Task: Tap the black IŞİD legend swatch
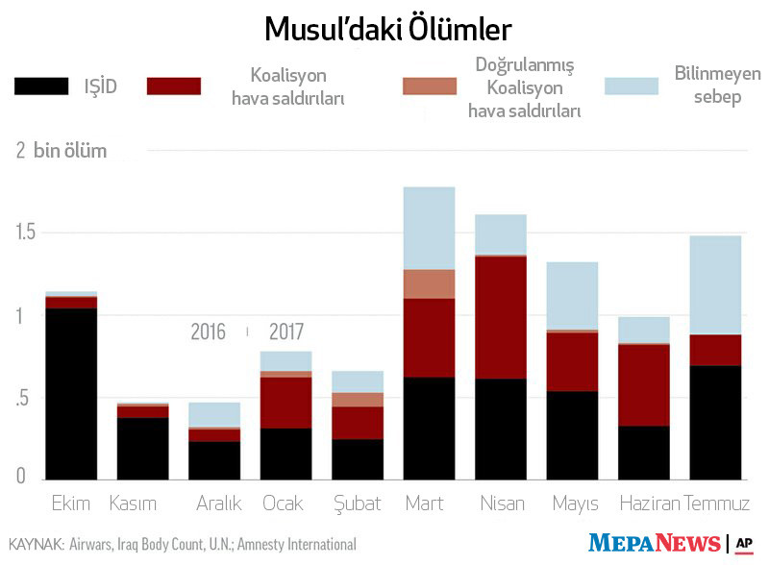(x=41, y=86)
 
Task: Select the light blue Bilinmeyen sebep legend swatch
(x=632, y=86)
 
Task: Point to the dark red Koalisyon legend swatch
(x=174, y=86)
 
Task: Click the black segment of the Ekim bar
(x=71, y=393)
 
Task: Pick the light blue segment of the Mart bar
(x=429, y=228)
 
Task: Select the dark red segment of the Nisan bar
(x=501, y=317)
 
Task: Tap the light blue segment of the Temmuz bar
(x=715, y=284)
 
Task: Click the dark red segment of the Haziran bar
(x=644, y=384)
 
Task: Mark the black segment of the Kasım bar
(x=142, y=448)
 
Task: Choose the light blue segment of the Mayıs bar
(x=572, y=295)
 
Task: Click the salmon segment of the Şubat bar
(x=358, y=400)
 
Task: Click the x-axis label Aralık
(x=218, y=504)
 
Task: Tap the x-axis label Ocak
(x=285, y=504)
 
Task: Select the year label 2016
(x=208, y=332)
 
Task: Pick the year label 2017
(x=285, y=332)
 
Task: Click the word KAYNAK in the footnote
(x=36, y=545)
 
